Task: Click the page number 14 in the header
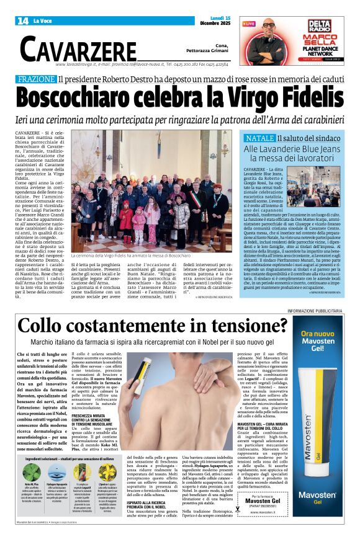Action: pyautogui.click(x=22, y=21)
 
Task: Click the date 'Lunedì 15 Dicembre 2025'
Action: pyautogui.click(x=217, y=21)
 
